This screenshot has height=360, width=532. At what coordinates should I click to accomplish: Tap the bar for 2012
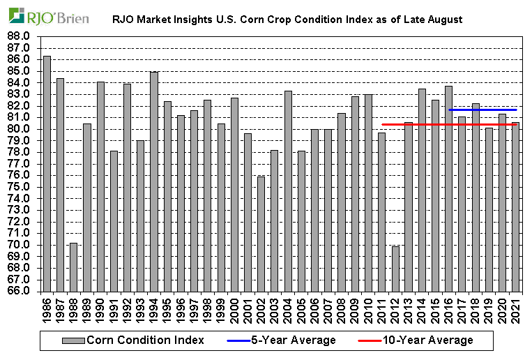395,268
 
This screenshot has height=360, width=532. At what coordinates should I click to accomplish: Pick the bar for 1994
154,181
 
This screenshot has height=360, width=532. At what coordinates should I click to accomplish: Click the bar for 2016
448,188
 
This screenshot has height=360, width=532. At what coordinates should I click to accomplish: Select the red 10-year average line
418,124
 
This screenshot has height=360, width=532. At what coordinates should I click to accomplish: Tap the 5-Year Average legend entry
282,340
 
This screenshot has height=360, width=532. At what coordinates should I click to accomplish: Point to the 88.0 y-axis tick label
19,36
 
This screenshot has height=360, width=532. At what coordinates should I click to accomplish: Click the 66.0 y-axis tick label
19,290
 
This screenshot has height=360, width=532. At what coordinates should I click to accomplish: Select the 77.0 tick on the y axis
19,163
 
